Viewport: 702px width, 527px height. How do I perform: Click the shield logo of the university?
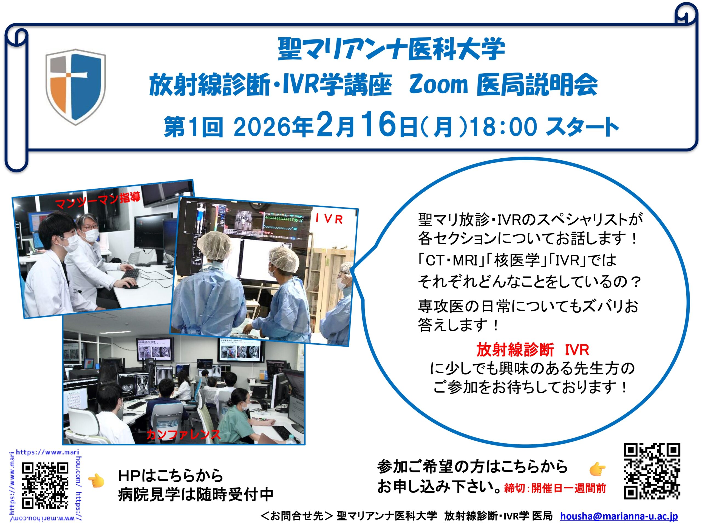pos(75,86)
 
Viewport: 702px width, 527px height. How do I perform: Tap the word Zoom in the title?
pos(438,85)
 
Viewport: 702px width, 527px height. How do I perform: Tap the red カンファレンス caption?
pos(183,434)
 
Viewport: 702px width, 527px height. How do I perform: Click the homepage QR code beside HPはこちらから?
pos(45,485)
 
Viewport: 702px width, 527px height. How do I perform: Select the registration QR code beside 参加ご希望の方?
pos(652,471)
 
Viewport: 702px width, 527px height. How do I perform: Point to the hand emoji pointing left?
pos(96,481)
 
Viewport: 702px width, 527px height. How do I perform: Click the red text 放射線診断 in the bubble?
pos(515,350)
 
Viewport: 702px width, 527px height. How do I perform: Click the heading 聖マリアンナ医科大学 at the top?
pos(391,49)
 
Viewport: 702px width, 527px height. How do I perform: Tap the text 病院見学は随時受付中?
pos(196,495)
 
